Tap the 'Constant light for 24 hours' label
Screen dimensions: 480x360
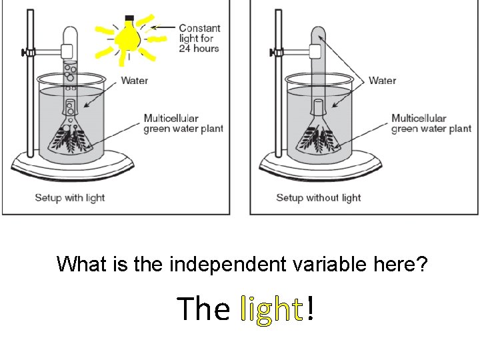[199, 38]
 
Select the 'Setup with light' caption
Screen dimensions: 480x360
[70, 197]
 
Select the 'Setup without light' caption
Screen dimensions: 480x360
[318, 197]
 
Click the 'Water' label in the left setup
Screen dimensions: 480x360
[135, 81]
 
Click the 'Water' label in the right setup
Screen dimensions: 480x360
[382, 81]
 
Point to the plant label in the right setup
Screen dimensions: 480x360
[431, 123]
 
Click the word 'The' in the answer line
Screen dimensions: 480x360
[203, 309]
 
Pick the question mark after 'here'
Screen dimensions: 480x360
[422, 265]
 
